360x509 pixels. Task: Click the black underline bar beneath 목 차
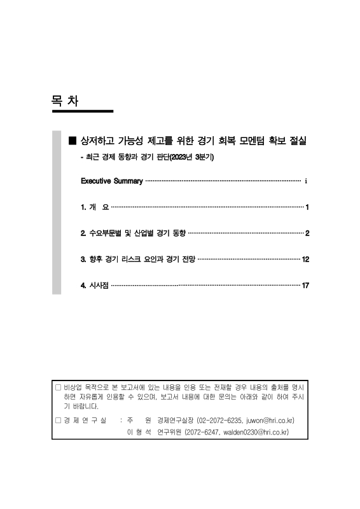(83, 111)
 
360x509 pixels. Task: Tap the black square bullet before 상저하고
(72, 140)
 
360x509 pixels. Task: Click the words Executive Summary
(111, 181)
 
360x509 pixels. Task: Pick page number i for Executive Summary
(306, 181)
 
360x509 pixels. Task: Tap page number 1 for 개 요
(307, 207)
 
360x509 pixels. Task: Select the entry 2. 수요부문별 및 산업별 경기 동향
(134, 234)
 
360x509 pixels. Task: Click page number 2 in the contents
(307, 234)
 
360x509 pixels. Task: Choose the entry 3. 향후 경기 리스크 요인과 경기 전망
(139, 260)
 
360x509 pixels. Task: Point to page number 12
(305, 260)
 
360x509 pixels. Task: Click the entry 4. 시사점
(95, 286)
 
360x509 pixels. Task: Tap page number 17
(305, 286)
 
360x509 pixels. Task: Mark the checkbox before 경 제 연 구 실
(58, 421)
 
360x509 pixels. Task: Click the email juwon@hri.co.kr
(267, 421)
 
